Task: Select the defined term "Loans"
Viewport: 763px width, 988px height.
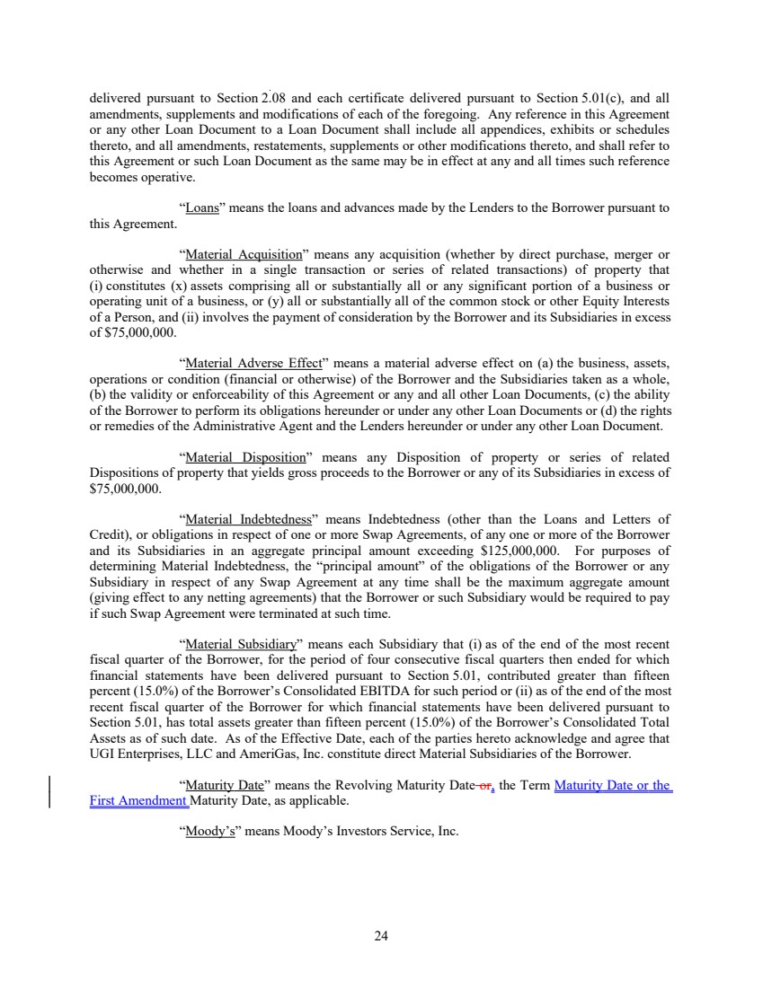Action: click(203, 207)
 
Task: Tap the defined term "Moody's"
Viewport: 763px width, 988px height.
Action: click(206, 832)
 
